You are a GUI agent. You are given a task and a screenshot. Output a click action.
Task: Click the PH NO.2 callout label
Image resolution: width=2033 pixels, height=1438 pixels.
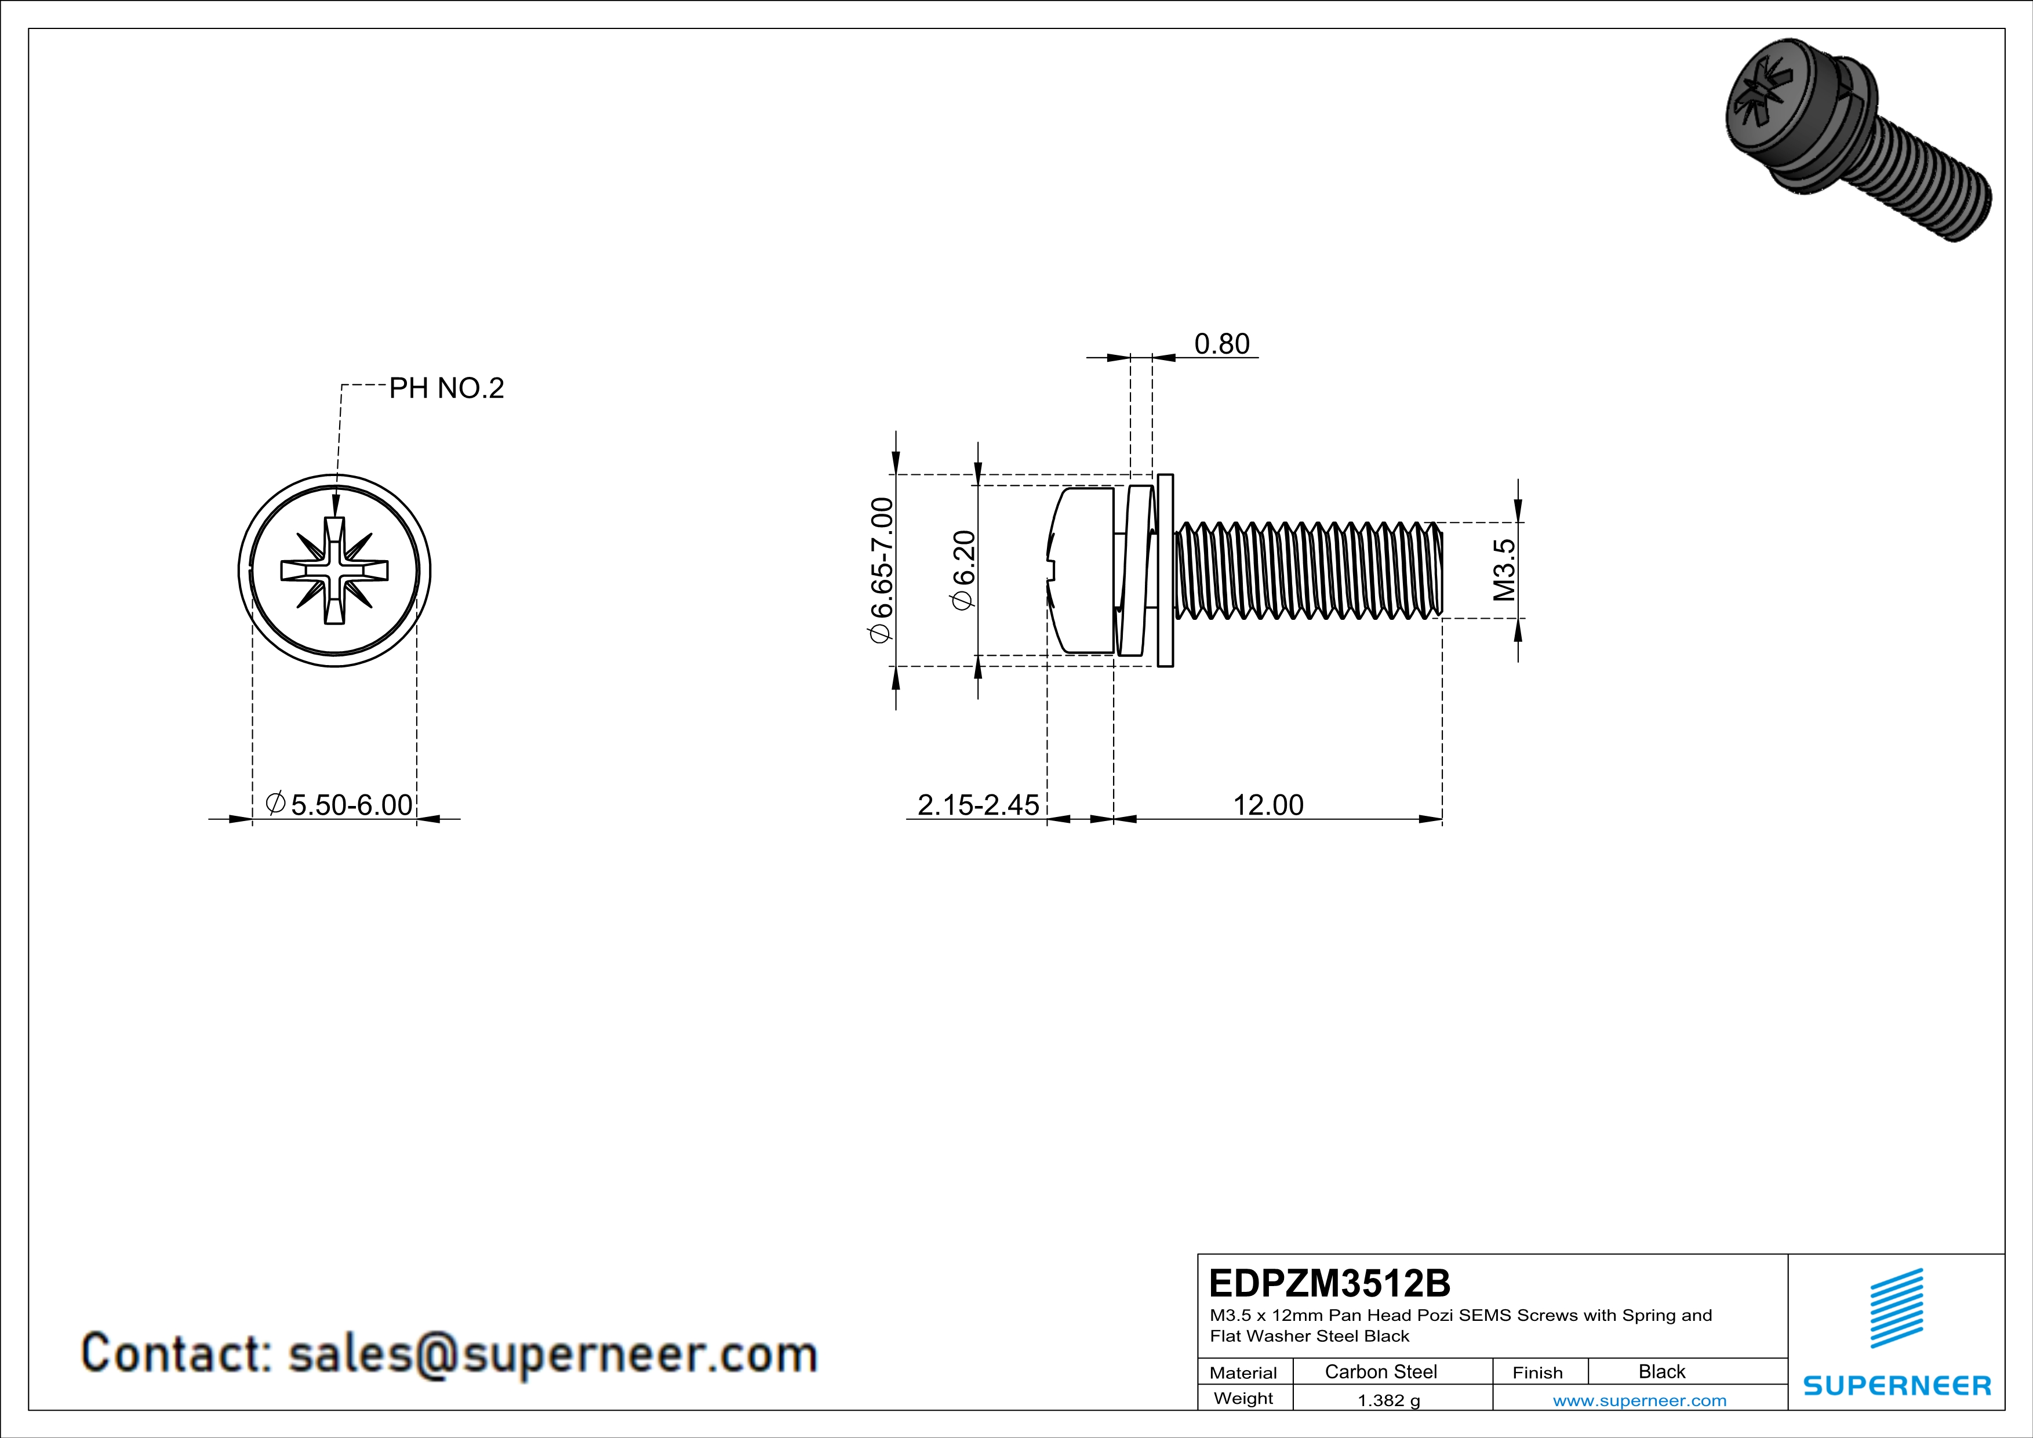[446, 388]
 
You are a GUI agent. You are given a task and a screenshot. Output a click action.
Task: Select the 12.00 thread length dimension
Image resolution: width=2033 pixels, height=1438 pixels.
[1268, 805]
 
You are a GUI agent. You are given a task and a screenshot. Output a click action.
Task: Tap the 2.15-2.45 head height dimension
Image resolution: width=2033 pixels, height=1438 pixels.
[977, 805]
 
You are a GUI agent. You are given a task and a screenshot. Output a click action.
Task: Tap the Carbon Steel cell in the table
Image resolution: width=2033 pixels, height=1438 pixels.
[1380, 1371]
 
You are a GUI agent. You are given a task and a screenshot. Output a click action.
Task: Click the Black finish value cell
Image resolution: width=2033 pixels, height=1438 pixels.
[1661, 1371]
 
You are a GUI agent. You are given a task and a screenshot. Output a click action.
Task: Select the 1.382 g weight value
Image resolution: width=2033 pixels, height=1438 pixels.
[1388, 1400]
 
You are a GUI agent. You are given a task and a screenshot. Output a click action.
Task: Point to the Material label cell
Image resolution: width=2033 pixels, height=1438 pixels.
[1243, 1372]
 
